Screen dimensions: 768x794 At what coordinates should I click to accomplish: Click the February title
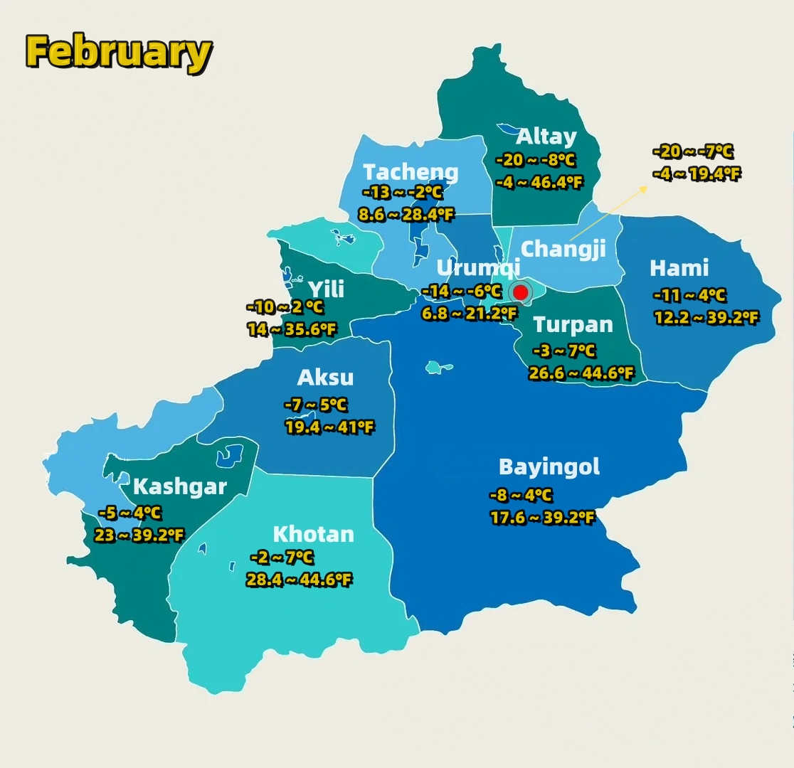(x=119, y=52)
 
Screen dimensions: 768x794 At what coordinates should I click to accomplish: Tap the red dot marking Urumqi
(x=520, y=292)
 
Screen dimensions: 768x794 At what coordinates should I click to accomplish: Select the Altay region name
(x=546, y=137)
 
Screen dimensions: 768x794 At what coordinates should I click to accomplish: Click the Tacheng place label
(x=411, y=172)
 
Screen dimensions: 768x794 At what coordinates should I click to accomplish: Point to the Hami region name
(x=679, y=268)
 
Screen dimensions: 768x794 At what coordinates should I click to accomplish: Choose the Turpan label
(x=573, y=325)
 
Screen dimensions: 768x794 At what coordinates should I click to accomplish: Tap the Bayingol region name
(x=549, y=467)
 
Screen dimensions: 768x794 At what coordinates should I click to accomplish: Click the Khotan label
(x=313, y=534)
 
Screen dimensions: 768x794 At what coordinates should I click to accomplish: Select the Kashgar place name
(x=179, y=487)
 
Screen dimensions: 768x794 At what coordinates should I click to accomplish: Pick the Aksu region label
(x=325, y=378)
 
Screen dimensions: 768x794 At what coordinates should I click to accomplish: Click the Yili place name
(x=326, y=289)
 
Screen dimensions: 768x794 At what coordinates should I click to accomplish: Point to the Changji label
(x=563, y=249)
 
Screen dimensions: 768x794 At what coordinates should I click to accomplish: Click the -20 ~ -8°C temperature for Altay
(x=536, y=160)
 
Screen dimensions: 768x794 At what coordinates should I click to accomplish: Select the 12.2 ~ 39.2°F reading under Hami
(x=706, y=318)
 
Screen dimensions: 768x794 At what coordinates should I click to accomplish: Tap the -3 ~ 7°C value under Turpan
(x=564, y=351)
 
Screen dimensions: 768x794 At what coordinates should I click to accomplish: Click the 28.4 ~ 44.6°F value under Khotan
(x=299, y=580)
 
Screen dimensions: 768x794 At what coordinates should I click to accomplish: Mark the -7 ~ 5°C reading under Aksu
(x=316, y=405)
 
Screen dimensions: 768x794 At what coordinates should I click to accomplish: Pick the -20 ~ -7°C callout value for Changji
(x=692, y=151)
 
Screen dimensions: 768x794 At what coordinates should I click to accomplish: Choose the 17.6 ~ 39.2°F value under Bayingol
(x=542, y=518)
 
